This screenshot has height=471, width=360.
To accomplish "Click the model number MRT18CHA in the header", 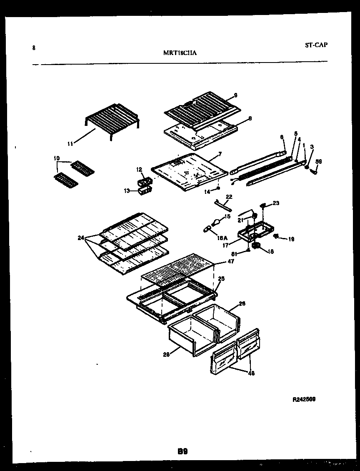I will click(x=179, y=53).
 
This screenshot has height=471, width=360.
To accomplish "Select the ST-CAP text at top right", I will click(x=315, y=45).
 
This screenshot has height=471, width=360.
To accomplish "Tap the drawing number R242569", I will click(x=304, y=399).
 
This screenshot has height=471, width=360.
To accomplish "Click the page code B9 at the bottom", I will click(x=183, y=451).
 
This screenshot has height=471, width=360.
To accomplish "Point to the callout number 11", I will click(x=70, y=144).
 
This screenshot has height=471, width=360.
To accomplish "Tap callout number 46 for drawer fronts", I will click(x=251, y=373).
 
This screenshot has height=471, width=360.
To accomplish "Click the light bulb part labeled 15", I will click(x=217, y=221).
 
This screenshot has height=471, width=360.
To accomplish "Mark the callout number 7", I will click(x=220, y=154).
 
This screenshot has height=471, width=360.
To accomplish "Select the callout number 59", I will click(x=318, y=161).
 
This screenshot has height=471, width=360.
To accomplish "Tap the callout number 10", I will click(x=57, y=158).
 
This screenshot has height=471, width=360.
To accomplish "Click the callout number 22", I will click(x=229, y=196).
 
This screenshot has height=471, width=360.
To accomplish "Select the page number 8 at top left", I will click(x=33, y=48).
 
